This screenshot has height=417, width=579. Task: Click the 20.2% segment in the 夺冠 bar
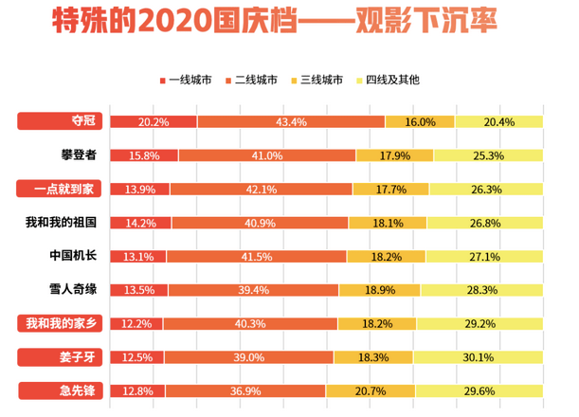coord(154,122)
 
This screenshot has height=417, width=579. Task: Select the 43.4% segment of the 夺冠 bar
coord(291,122)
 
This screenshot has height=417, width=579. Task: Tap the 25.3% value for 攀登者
coord(488,155)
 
